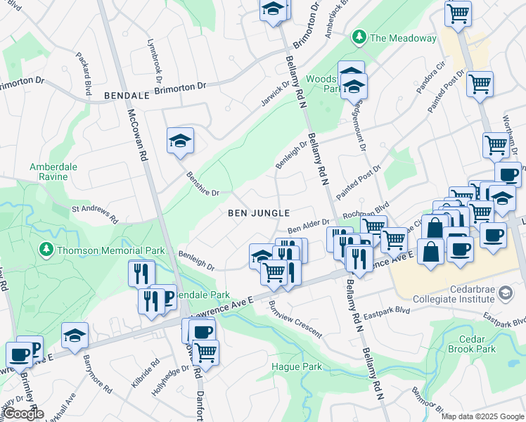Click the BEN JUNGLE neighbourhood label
click(x=258, y=212)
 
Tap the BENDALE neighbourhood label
click(x=128, y=94)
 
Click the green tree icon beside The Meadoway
click(x=359, y=37)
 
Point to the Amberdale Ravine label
click(x=53, y=172)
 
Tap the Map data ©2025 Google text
click(x=482, y=416)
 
